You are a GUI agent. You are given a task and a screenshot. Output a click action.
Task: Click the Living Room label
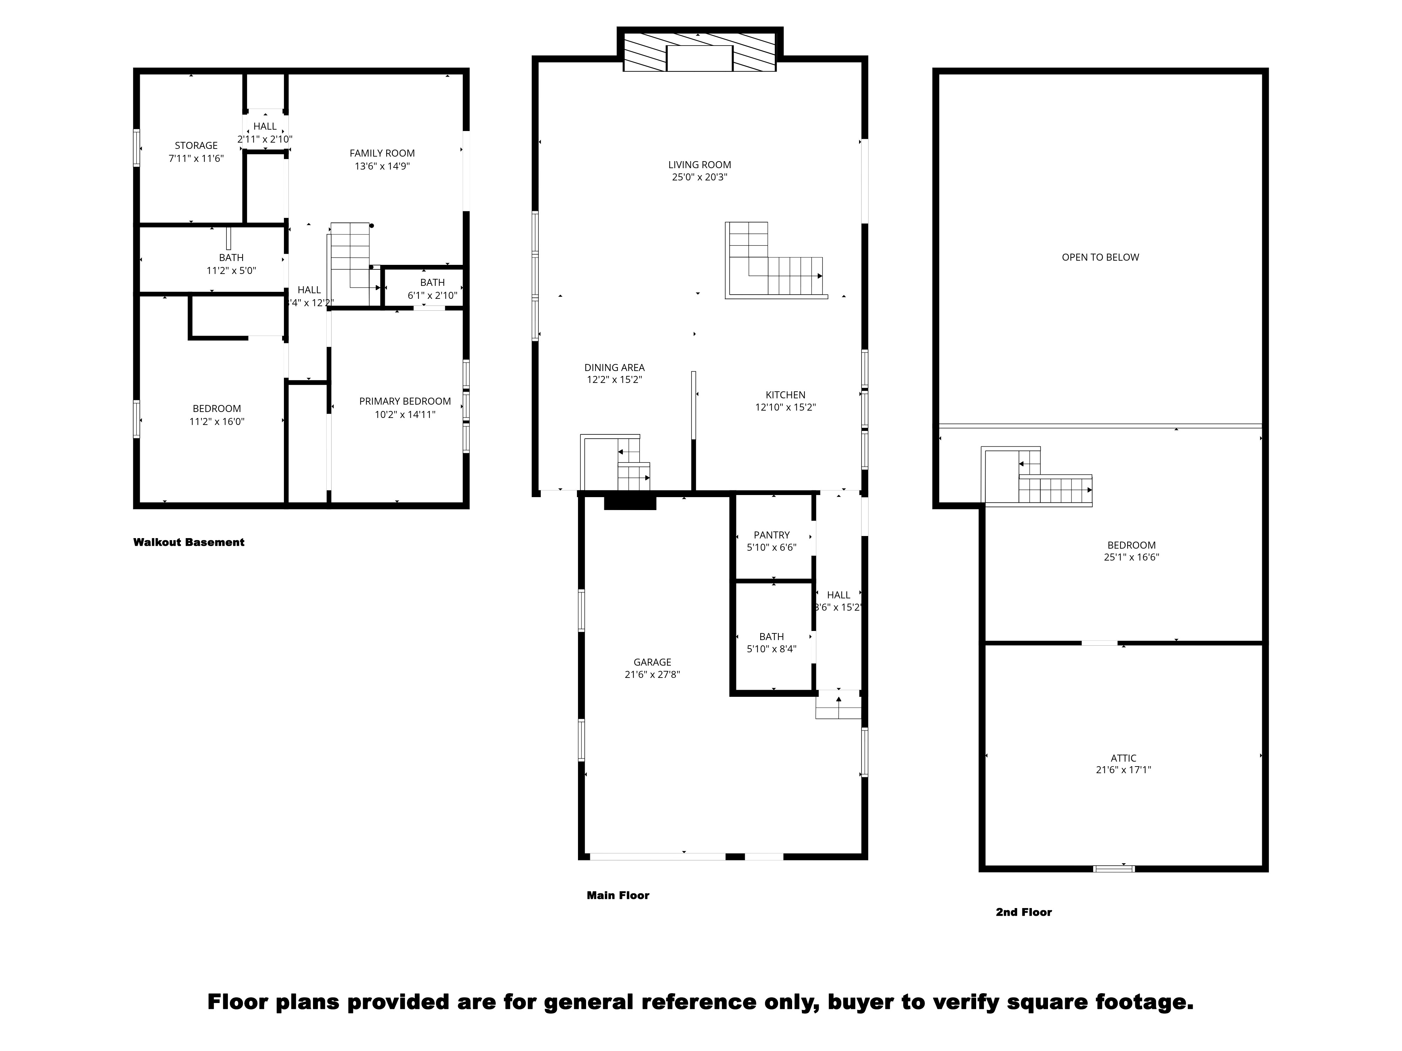tap(699, 165)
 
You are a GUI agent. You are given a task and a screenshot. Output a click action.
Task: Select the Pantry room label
tap(771, 535)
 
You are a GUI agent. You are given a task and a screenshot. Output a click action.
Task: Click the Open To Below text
tap(1100, 257)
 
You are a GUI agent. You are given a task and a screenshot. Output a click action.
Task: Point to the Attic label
tap(1123, 758)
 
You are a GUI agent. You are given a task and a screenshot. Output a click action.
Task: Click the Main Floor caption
tap(618, 895)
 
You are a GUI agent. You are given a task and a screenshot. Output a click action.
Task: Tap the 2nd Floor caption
tap(1023, 912)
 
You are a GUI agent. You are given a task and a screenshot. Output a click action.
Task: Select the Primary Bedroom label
tap(405, 401)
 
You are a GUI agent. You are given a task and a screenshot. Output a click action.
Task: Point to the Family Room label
tap(382, 153)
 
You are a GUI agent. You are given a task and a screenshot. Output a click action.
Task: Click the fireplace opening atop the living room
tap(700, 58)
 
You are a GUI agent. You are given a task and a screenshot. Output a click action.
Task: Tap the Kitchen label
tap(785, 395)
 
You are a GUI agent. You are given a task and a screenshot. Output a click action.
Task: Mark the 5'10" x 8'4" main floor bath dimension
tap(771, 649)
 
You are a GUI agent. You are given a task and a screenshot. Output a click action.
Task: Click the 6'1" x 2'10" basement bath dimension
tap(432, 295)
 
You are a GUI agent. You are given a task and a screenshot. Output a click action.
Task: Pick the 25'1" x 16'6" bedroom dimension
tap(1131, 557)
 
